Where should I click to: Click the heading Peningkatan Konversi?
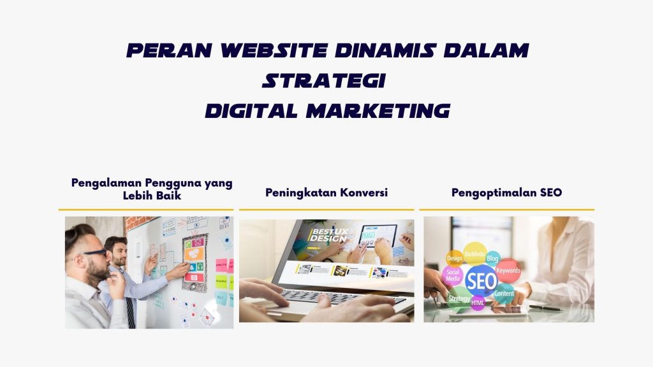pyautogui.click(x=326, y=192)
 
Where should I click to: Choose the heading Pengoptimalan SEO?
pyautogui.click(x=506, y=192)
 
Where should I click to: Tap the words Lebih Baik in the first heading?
pyautogui.click(x=152, y=196)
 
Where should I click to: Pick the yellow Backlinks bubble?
pyautogui.click(x=474, y=254)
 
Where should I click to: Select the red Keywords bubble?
pyautogui.click(x=508, y=270)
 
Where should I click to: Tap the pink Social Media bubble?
pyautogui.click(x=453, y=276)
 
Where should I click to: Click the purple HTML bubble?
pyautogui.click(x=478, y=303)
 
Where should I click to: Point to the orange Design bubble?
pyautogui.click(x=454, y=258)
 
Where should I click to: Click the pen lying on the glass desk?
pyautogui.click(x=545, y=308)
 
